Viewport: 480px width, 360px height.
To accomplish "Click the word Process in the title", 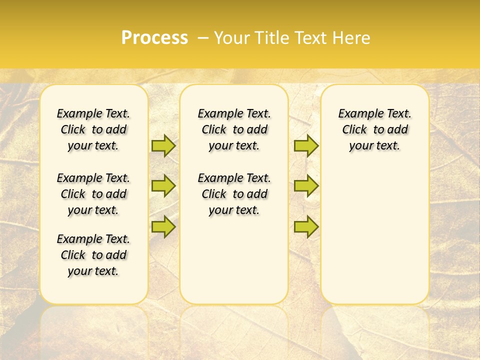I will click(x=154, y=37).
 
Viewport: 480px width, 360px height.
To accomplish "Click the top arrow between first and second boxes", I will click(x=163, y=145).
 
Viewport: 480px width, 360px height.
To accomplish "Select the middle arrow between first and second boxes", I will click(x=163, y=186).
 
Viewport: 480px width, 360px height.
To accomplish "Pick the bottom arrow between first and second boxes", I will click(x=163, y=226).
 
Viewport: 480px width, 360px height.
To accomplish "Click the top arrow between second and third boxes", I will click(x=306, y=145).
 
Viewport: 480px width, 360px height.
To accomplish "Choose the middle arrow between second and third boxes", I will click(x=306, y=186).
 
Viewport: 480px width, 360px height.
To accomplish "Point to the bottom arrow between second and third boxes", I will click(x=306, y=226).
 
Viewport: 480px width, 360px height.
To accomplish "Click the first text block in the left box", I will click(x=93, y=129).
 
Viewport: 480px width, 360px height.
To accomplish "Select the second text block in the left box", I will click(x=93, y=194).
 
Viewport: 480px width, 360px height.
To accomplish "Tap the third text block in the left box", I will click(x=93, y=255).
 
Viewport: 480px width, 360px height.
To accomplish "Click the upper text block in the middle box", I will click(x=234, y=129).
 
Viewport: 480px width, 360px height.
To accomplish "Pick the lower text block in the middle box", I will click(x=234, y=194).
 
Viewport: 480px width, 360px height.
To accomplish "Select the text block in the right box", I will click(x=375, y=129).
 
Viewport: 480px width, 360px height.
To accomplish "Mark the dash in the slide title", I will click(x=203, y=38).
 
